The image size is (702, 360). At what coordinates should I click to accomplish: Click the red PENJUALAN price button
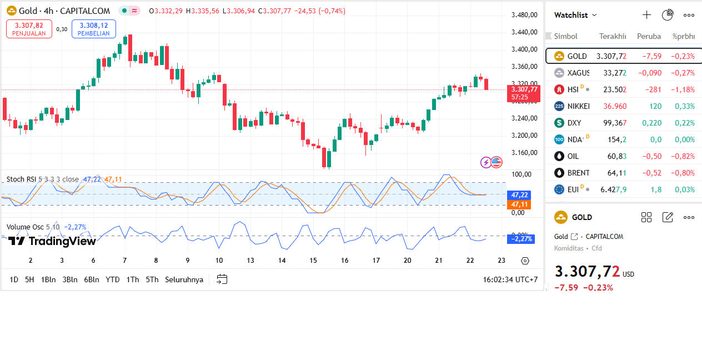(29, 29)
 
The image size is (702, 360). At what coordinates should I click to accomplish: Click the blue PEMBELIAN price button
(93, 29)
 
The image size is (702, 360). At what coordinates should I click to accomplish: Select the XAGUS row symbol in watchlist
(578, 73)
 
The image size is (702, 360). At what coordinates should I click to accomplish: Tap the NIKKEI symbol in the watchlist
(578, 106)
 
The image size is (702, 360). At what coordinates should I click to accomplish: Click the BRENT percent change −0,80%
(683, 173)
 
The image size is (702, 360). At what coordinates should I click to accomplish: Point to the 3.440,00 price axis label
(524, 32)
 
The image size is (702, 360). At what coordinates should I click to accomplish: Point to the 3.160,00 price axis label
(524, 153)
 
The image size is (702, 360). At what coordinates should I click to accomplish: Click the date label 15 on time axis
(314, 261)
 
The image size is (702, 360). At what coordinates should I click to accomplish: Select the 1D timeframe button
(14, 279)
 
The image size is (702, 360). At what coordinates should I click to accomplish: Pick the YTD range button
(113, 279)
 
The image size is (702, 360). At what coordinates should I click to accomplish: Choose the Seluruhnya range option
(184, 279)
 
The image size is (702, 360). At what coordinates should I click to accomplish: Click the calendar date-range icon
(222, 279)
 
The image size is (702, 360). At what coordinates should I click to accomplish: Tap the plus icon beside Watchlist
(646, 15)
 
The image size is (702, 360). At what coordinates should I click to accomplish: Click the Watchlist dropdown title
(575, 15)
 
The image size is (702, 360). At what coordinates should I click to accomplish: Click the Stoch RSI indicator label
(22, 179)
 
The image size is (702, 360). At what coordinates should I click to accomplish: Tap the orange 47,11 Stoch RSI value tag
(519, 204)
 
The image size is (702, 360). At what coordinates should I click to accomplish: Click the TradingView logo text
(52, 241)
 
